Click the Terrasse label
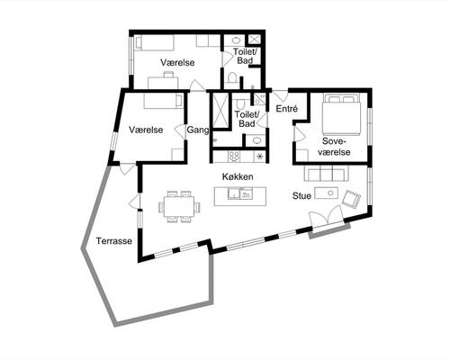[114, 241]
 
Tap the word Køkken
[238, 176]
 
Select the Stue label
[301, 196]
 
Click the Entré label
[287, 109]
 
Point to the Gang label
[198, 130]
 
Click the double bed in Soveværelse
[341, 114]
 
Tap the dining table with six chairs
[179, 206]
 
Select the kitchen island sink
[240, 193]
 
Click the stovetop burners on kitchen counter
[234, 157]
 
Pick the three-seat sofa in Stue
[327, 174]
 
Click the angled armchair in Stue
[351, 199]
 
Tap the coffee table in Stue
[326, 193]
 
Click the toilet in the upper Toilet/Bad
[232, 77]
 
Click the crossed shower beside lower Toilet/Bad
[220, 111]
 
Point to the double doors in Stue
[327, 218]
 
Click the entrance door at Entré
[281, 95]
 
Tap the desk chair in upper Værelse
[168, 74]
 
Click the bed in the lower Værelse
[164, 101]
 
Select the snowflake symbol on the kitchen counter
[260, 156]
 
